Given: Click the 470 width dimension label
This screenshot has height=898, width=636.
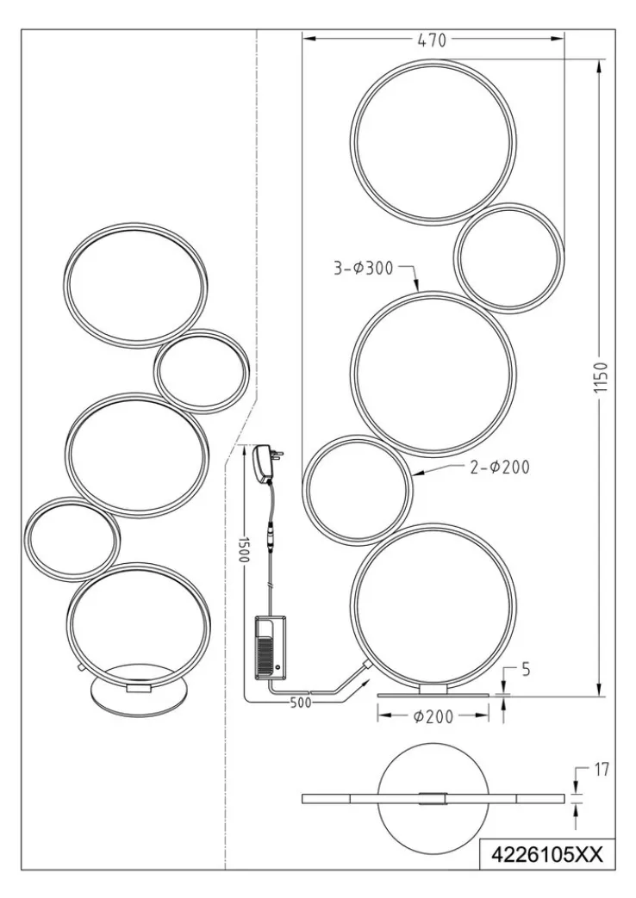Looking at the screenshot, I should [x=433, y=39].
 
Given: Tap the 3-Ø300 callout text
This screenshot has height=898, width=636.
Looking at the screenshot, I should [x=363, y=269].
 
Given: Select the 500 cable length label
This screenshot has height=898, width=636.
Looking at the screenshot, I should [x=300, y=702].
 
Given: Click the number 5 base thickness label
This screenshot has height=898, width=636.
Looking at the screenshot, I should [x=514, y=667].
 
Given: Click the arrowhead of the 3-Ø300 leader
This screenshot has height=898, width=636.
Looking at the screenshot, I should [x=417, y=290].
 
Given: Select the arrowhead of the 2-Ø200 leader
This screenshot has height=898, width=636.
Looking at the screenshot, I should [x=415, y=475].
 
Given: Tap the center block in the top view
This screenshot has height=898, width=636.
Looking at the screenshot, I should [x=433, y=798].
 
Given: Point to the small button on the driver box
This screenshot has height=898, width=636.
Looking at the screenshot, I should [x=278, y=667].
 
